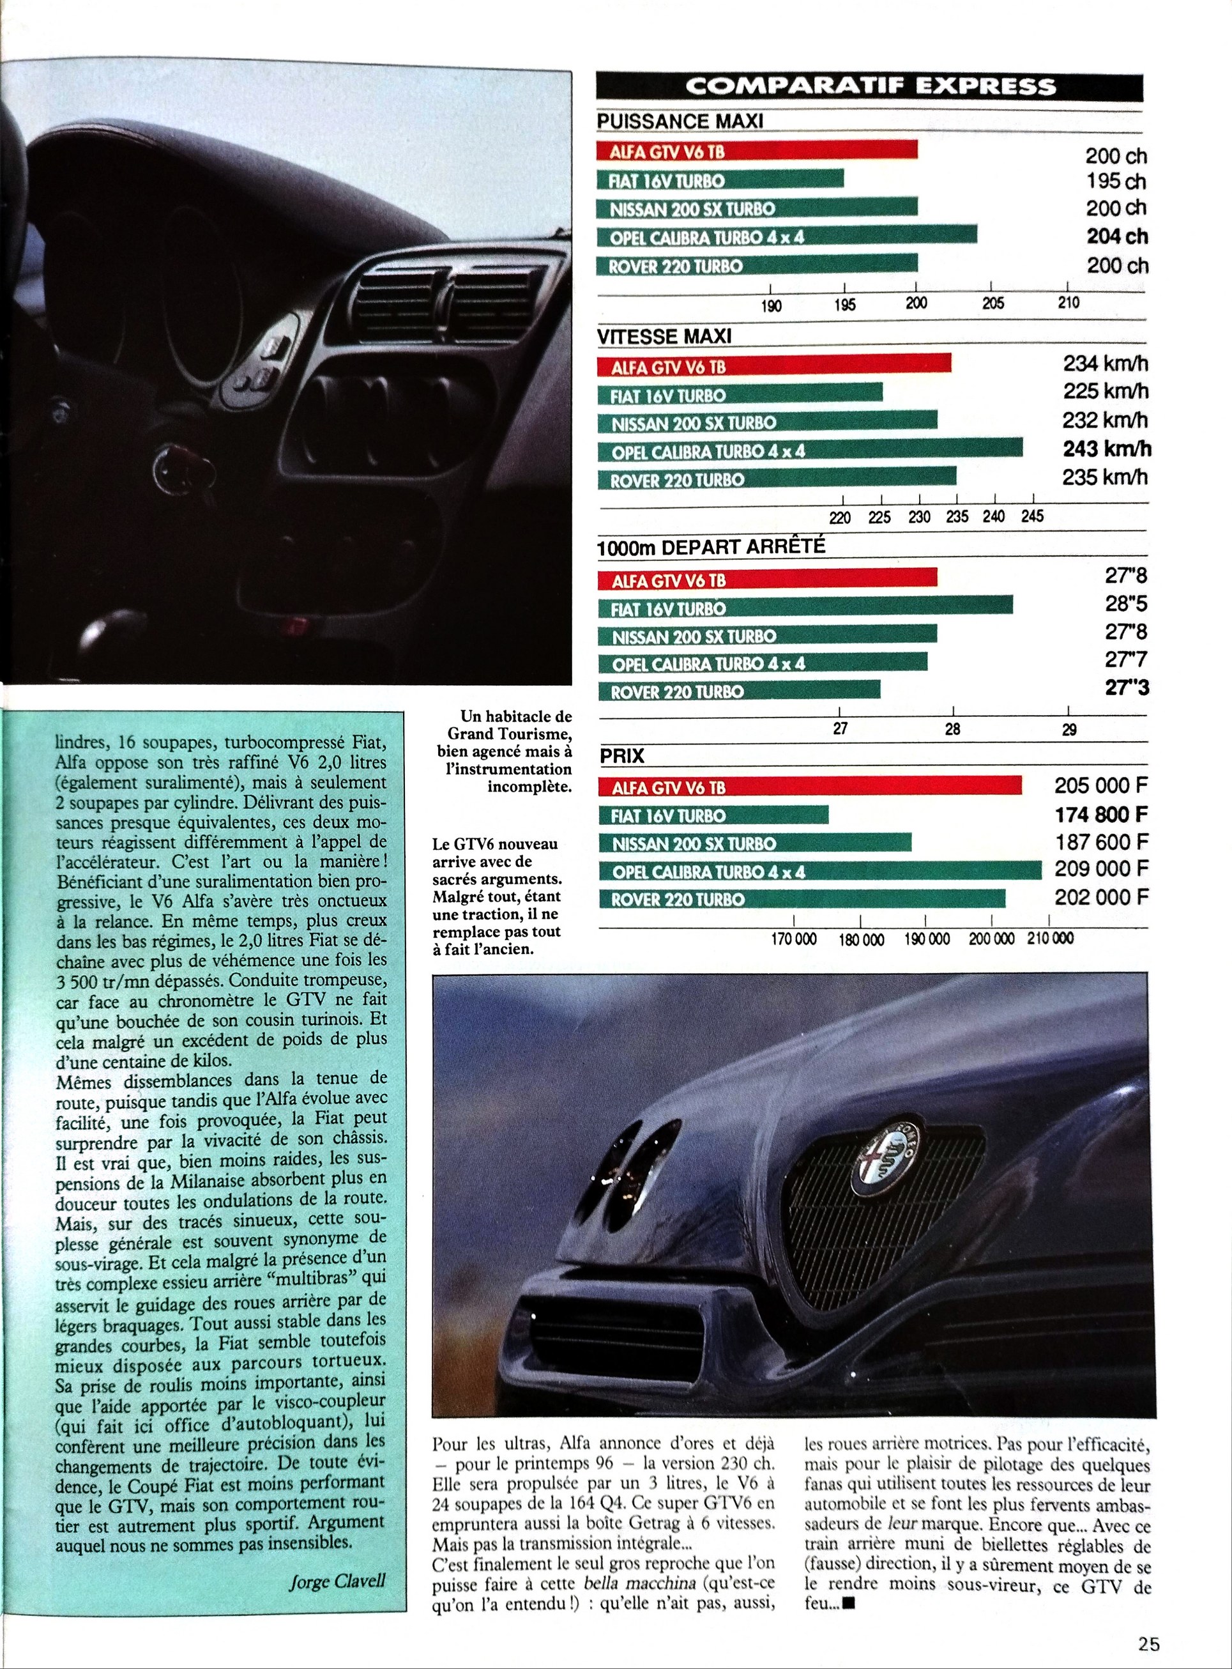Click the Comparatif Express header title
870,86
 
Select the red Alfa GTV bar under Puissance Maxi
756,151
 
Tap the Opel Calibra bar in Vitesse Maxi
809,450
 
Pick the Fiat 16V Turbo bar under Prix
713,815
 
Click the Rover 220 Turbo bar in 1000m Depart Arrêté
738,691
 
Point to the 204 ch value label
1116,236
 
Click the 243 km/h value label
1106,449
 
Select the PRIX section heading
622,757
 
